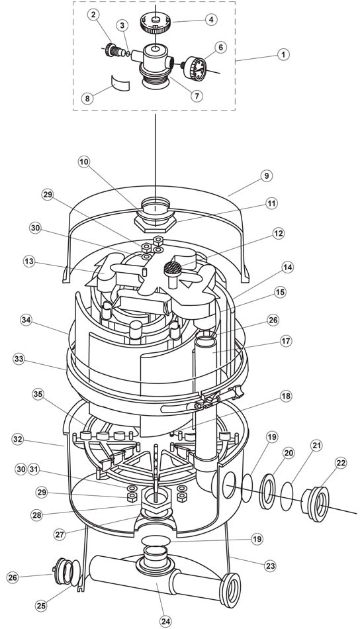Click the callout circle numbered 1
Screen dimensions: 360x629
click(283, 54)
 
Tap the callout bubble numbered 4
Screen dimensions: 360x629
click(211, 19)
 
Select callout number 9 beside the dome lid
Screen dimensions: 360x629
click(266, 175)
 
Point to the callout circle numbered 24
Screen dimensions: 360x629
click(165, 621)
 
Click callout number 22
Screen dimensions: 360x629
click(340, 463)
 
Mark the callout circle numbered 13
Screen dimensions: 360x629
click(29, 262)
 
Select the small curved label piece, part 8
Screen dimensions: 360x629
click(120, 82)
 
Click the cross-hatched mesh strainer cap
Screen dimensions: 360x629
click(173, 267)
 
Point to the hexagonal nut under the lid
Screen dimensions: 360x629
click(155, 223)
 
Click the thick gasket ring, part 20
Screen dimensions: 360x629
click(267, 491)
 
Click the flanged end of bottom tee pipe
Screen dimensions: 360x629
click(230, 590)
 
